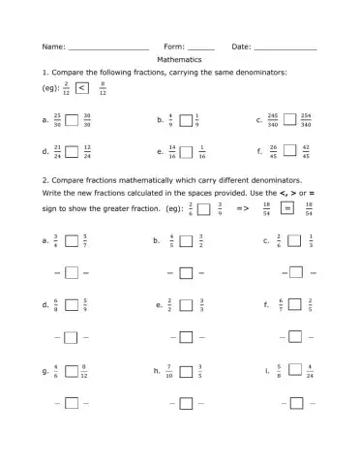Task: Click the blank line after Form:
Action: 200,47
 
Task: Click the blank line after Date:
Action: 285,47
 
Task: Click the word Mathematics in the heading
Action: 179,59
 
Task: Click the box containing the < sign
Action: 81,89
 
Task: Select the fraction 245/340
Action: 272,120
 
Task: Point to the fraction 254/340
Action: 306,120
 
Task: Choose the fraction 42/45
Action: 306,152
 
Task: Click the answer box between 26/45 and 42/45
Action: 289,152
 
